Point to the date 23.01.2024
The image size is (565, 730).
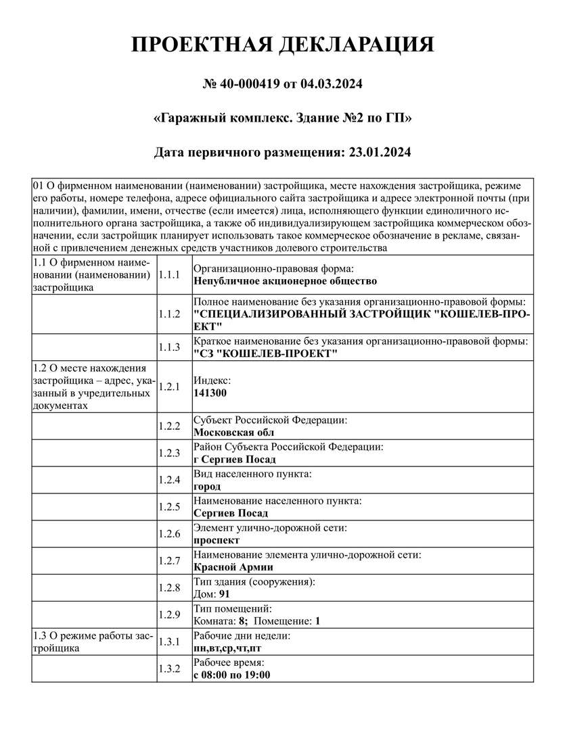coord(380,153)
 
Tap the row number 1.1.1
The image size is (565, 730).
coord(168,274)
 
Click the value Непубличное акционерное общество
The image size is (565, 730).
coord(285,281)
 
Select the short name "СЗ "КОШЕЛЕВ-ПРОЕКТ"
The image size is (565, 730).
coord(265,354)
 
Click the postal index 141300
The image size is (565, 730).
coord(210,393)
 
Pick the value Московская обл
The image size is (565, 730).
coord(234,433)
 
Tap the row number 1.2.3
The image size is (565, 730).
coord(168,453)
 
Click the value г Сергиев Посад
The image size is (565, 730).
coord(235,460)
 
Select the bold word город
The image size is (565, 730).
coord(207,487)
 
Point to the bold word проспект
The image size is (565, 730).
coord(217,541)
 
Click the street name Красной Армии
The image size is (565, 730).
coord(233,567)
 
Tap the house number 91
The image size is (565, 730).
coord(225,594)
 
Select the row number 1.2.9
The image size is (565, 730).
coord(168,614)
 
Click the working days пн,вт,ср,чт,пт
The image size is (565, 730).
coord(227,648)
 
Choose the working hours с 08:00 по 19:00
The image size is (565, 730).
coord(232,675)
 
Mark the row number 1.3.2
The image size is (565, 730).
coord(168,668)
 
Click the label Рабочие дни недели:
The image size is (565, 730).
coord(242,636)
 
